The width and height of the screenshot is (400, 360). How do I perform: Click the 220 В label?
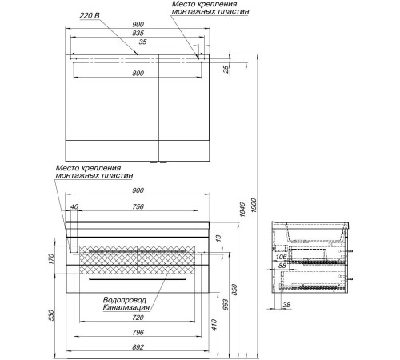tap(90, 16)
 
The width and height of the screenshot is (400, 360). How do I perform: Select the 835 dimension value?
tap(138, 34)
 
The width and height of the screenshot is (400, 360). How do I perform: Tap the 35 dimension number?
tap(143, 42)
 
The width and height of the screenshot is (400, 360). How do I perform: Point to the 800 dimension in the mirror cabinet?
tap(138, 74)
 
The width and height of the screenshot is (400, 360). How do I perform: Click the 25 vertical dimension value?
tap(226, 70)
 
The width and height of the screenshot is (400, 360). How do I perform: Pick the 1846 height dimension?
tap(242, 210)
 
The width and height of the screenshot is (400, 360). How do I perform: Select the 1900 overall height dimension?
tap(254, 206)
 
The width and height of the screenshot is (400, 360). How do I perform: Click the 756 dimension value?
tap(138, 206)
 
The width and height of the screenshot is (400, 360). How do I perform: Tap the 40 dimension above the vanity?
tap(74, 206)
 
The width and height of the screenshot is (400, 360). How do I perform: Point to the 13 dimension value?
tap(218, 238)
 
